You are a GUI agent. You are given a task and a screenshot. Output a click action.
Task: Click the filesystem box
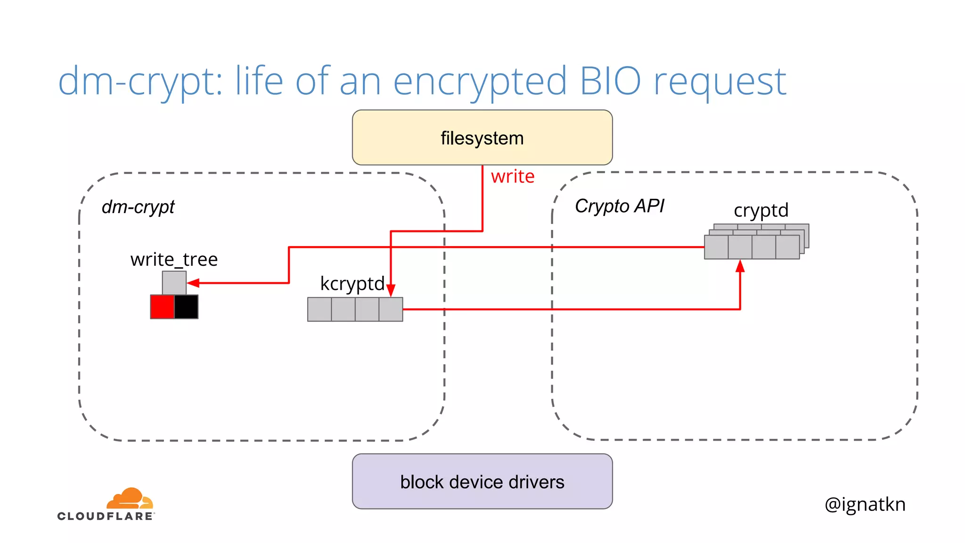pyautogui.click(x=482, y=138)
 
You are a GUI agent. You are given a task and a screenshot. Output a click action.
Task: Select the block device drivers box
pyautogui.click(x=482, y=481)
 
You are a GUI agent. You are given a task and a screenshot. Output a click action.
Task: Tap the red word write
pyautogui.click(x=513, y=176)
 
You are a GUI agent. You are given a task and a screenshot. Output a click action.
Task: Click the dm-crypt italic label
pyautogui.click(x=138, y=207)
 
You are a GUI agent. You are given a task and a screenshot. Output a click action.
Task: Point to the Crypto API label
pyautogui.click(x=619, y=206)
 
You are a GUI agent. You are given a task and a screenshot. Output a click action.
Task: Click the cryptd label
pyautogui.click(x=761, y=210)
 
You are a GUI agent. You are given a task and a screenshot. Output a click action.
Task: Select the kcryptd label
pyautogui.click(x=352, y=284)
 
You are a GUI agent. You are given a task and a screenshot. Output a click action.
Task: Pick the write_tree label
pyautogui.click(x=174, y=259)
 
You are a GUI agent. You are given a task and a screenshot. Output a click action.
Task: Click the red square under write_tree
pyautogui.click(x=162, y=307)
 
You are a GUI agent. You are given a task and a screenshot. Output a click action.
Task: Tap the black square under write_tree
pyautogui.click(x=186, y=307)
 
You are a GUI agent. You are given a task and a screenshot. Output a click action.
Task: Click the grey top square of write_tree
pyautogui.click(x=174, y=283)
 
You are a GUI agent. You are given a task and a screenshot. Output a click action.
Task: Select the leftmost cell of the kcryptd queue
pyautogui.click(x=319, y=309)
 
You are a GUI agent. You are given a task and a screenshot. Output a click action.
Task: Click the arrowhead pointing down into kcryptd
pyautogui.click(x=391, y=290)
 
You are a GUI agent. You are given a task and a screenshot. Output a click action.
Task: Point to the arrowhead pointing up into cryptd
pyautogui.click(x=740, y=266)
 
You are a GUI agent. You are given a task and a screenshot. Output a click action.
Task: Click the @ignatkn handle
pyautogui.click(x=865, y=504)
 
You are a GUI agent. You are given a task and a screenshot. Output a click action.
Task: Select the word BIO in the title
pyautogui.click(x=610, y=81)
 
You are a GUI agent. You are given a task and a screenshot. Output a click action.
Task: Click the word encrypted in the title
pyautogui.click(x=480, y=81)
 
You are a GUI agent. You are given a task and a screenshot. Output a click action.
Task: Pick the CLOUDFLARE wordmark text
pyautogui.click(x=105, y=516)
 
